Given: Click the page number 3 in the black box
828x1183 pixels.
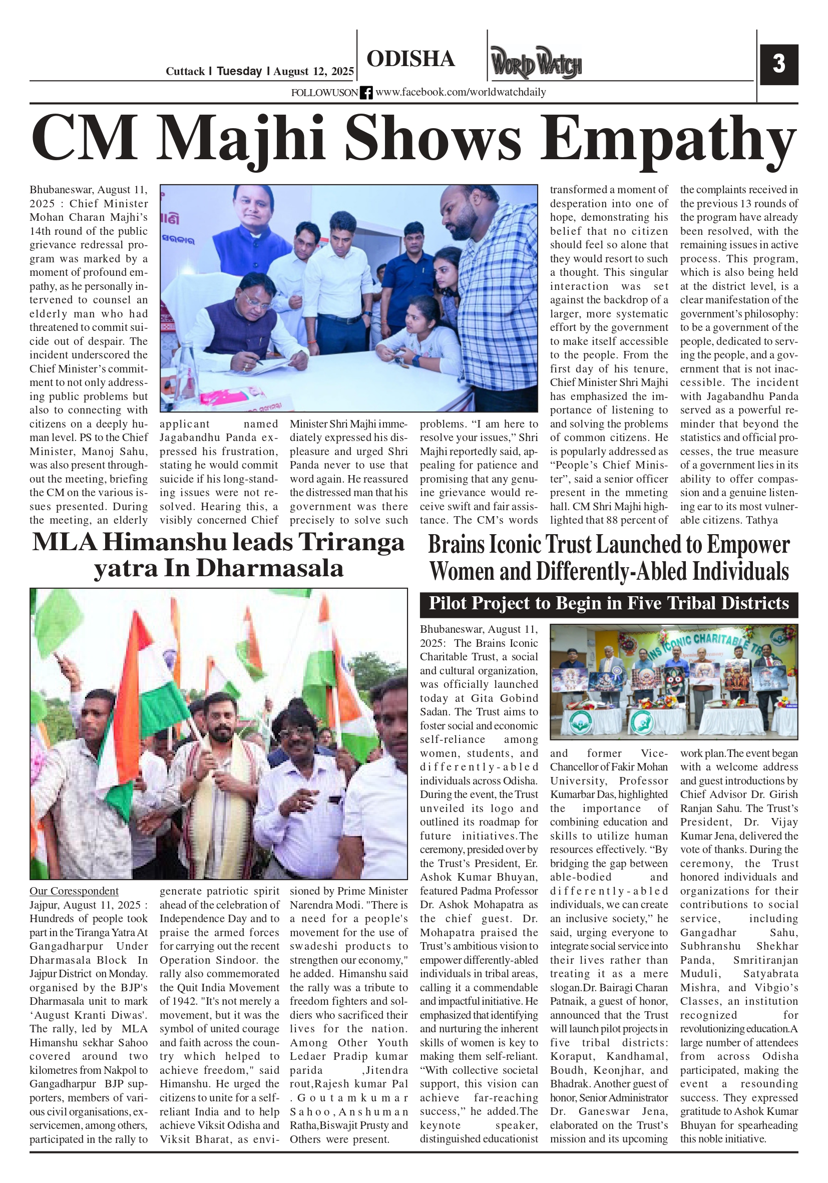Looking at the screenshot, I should (x=778, y=65).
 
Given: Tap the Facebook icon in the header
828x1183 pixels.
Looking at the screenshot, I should (x=366, y=93).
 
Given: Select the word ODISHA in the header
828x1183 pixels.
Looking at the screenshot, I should (x=410, y=59).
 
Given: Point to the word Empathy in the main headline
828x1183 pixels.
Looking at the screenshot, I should (x=668, y=139).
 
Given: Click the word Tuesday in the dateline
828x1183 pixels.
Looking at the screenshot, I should (x=239, y=71).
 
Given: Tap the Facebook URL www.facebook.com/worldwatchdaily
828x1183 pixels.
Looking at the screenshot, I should (x=461, y=92).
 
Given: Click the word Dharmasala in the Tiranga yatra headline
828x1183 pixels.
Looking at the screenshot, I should (x=269, y=568).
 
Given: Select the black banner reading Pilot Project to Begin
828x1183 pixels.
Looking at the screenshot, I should (x=609, y=603).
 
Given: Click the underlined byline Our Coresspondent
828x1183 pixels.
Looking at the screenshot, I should (x=74, y=891).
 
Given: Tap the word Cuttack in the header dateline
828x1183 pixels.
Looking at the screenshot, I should (x=185, y=72).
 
